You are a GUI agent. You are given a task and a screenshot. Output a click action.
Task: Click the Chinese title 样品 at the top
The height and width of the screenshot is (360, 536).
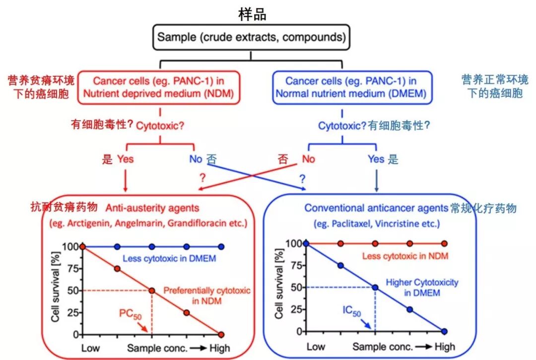pyautogui.click(x=252, y=14)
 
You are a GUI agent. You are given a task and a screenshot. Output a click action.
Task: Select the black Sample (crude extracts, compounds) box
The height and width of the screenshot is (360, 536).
pyautogui.click(x=252, y=37)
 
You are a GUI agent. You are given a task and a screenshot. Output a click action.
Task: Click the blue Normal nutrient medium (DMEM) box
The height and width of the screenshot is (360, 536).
pyautogui.click(x=351, y=87)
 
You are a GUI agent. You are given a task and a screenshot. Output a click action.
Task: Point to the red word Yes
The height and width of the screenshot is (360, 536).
pyautogui.click(x=125, y=159)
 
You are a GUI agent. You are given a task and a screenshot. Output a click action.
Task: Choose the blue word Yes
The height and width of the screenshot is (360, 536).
pyautogui.click(x=376, y=159)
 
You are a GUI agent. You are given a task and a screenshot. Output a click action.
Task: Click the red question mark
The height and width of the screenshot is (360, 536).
pyautogui.click(x=202, y=177)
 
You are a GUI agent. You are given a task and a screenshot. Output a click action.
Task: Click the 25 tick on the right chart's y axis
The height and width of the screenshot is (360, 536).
pyautogui.click(x=296, y=309)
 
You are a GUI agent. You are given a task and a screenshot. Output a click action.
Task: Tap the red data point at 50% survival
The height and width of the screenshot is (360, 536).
pyautogui.click(x=152, y=290)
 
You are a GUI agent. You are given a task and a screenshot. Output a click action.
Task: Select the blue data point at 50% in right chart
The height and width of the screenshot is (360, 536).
pyautogui.click(x=375, y=287)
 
